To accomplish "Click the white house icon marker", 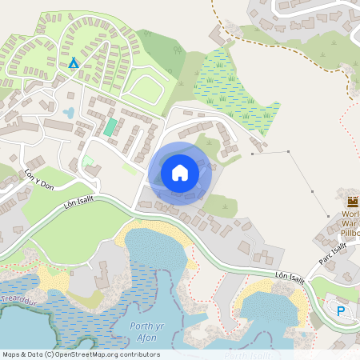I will point(180,172).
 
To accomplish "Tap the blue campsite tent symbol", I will point(74,62).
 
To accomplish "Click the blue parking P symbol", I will point(342,311).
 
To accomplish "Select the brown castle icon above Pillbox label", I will point(353,200).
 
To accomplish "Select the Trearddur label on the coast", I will point(17,299).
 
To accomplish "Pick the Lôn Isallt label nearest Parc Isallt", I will point(291,276).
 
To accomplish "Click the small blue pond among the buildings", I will point(69,113).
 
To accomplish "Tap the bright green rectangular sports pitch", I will point(110,127).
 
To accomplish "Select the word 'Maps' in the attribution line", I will point(11,354).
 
